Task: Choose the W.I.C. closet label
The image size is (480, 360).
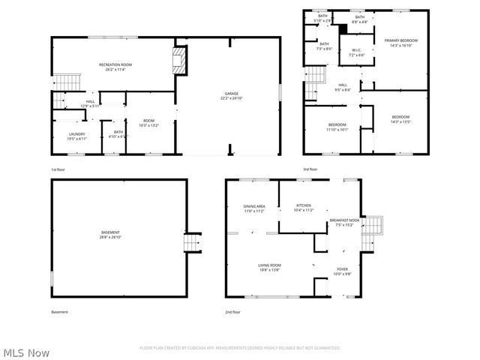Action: click(357, 52)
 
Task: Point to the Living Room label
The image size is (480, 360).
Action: click(269, 266)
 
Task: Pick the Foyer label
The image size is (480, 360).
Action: click(342, 271)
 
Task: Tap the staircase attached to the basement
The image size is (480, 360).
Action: click(193, 243)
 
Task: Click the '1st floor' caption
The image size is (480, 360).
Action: click(58, 170)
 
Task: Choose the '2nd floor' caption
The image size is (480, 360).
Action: click(232, 312)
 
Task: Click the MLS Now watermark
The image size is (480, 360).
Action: click(25, 352)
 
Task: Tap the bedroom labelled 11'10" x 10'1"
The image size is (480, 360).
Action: click(336, 127)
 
